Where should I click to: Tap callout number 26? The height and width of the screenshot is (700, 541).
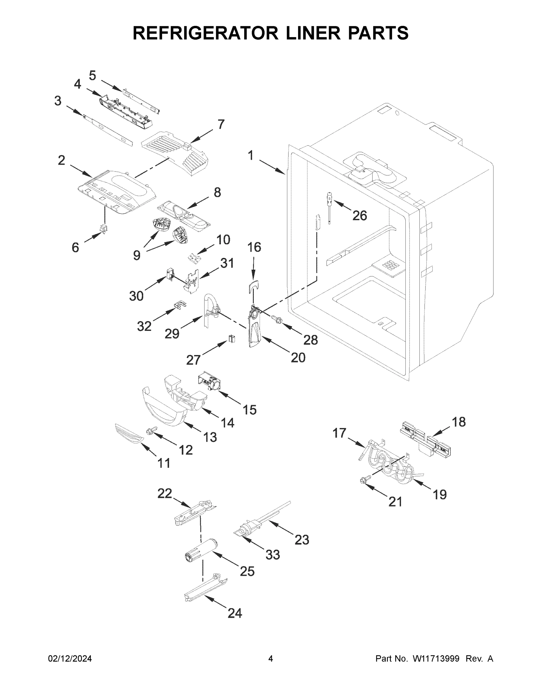coord(359,216)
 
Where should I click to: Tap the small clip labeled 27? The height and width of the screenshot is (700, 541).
coord(231,338)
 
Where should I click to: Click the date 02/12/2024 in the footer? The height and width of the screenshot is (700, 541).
coord(70,659)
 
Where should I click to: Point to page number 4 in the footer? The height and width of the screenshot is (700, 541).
coord(271,659)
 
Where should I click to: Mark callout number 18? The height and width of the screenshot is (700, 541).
coord(459,422)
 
